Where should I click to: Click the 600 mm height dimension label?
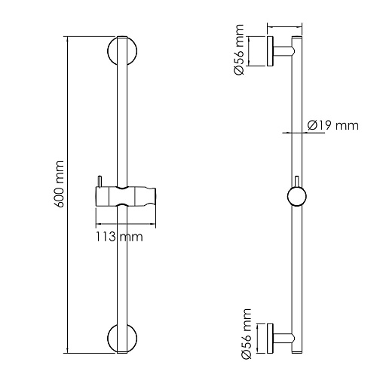point(60,184)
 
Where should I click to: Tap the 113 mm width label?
point(119,237)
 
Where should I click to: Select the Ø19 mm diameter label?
point(333,125)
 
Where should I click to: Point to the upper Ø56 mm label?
point(238,50)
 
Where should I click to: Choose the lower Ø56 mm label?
point(246,334)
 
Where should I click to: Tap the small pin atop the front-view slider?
point(100,182)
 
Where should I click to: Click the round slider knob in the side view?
point(297,197)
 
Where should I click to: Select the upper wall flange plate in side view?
point(270,51)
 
